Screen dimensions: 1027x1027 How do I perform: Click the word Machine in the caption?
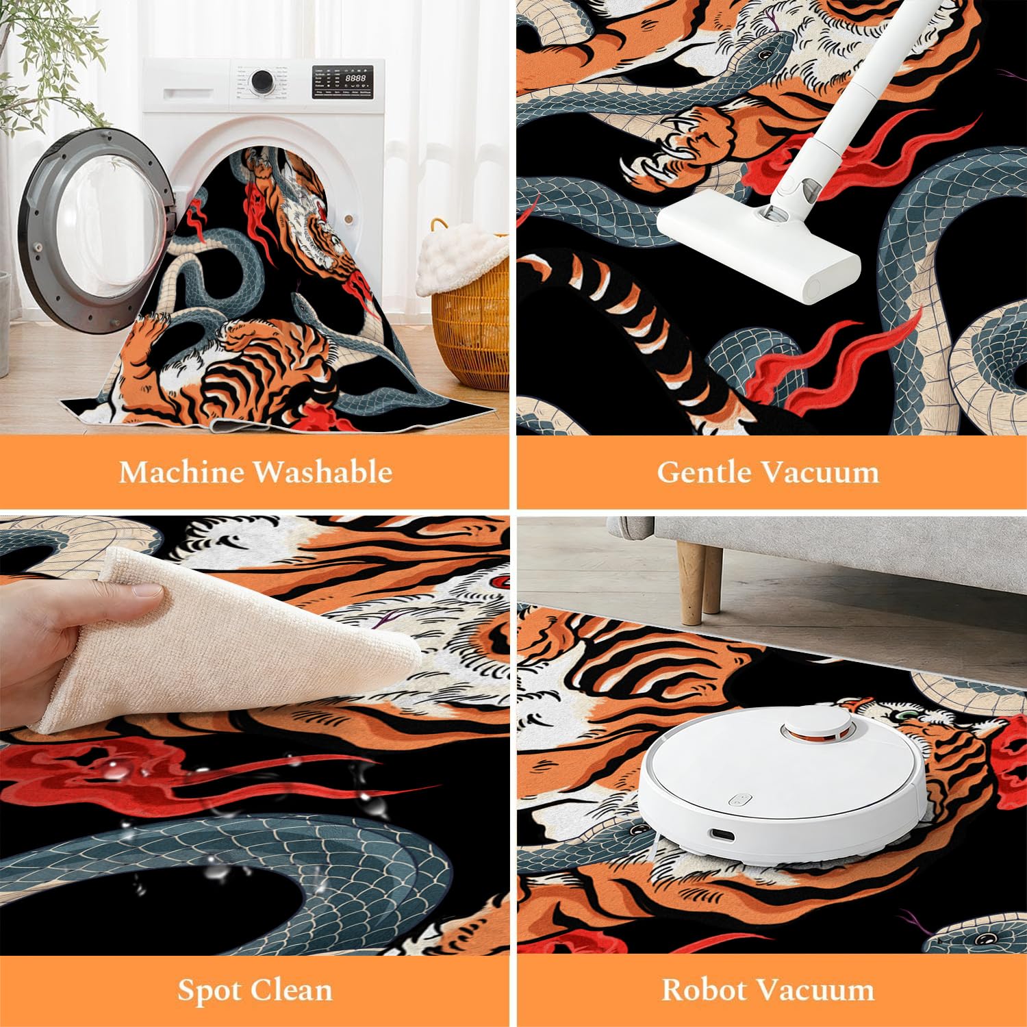[x=181, y=472]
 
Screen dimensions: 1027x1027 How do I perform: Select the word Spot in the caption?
[x=210, y=991]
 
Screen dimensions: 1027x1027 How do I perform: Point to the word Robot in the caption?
[x=705, y=991]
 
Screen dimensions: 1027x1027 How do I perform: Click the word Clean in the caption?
[x=292, y=991]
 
